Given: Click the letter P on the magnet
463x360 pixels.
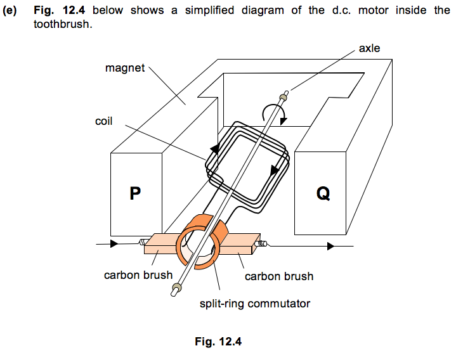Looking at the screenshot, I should [x=134, y=193].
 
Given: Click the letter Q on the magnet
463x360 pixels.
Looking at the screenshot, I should [x=323, y=193].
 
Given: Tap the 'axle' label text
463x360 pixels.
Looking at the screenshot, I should [x=369, y=48].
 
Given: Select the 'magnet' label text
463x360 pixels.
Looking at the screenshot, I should [x=125, y=68].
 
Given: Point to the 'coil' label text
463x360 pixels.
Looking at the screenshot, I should [x=103, y=120].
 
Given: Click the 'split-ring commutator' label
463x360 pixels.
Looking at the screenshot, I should [x=255, y=304].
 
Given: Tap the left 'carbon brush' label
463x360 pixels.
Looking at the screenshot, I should [x=138, y=275].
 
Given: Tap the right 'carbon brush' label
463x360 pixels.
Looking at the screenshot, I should [x=279, y=276].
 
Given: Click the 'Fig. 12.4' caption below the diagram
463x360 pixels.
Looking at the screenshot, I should [x=219, y=342].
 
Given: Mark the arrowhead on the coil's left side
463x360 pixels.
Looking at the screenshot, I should [x=214, y=150].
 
